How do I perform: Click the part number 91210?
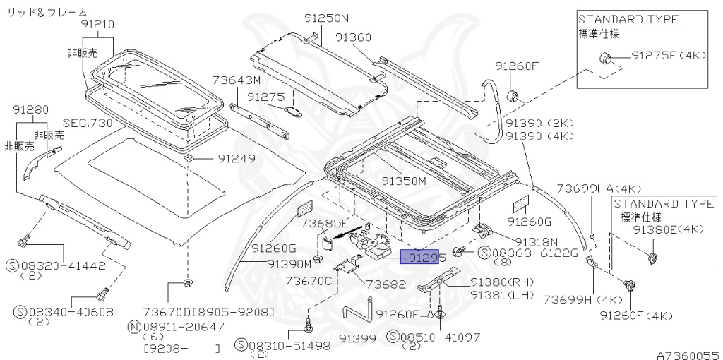pyautogui.click(x=97, y=24)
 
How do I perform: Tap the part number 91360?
pyautogui.click(x=354, y=37)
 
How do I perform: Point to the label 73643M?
pyautogui.click(x=236, y=80)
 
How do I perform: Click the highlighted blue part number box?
pyautogui.click(x=420, y=258)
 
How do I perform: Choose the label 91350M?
pyautogui.click(x=405, y=180)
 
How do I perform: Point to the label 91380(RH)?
pyautogui.click(x=500, y=281)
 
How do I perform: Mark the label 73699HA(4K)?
pyautogui.click(x=598, y=188)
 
